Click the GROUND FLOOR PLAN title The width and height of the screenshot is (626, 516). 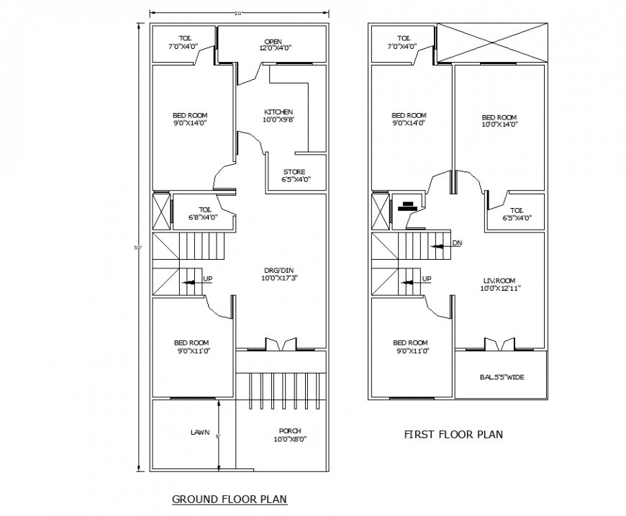click(230, 499)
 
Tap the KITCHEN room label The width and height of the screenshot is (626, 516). click(278, 112)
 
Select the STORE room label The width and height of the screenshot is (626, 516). click(294, 171)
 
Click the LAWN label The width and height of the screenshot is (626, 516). click(200, 433)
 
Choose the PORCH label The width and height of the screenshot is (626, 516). click(290, 430)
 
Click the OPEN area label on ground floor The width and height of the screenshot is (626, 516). click(273, 41)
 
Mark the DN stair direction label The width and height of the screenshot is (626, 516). click(457, 243)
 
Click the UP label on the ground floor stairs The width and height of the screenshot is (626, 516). click(207, 279)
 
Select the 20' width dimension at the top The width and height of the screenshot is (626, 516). click(238, 12)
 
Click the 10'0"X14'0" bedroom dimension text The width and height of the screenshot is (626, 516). click(499, 125)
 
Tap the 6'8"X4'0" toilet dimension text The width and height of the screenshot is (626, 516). click(203, 217)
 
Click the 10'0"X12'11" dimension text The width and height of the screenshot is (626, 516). click(500, 288)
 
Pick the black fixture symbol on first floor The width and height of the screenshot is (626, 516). click(407, 207)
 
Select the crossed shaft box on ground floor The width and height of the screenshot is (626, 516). click(162, 211)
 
